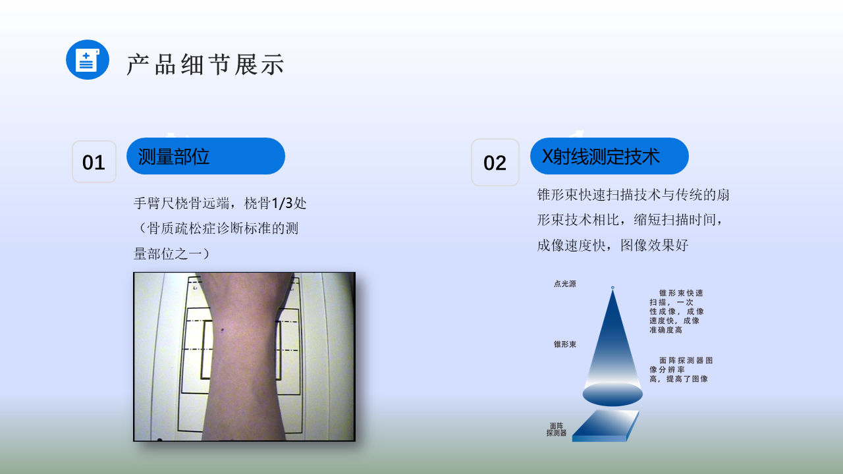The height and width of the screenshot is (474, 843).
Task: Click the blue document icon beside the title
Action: [88, 59]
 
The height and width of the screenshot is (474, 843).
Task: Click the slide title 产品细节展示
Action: [205, 65]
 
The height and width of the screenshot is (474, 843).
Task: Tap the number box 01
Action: [94, 162]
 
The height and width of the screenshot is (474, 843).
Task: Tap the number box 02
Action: [495, 162]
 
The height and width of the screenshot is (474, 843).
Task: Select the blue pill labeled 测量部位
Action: [205, 156]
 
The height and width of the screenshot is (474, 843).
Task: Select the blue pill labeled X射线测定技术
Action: [609, 156]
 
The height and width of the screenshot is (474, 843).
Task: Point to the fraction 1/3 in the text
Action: [282, 203]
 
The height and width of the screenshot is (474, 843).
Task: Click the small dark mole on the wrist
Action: [223, 330]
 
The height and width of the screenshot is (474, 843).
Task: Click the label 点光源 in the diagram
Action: [565, 284]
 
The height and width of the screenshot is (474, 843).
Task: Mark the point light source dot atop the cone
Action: [612, 288]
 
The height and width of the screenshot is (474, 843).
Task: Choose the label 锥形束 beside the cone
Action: [565, 344]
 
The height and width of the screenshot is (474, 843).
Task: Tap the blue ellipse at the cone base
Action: [612, 394]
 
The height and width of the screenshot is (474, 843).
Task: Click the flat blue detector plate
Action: [605, 426]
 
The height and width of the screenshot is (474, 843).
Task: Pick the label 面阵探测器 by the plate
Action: [557, 429]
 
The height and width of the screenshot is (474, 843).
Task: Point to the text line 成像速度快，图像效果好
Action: [612, 246]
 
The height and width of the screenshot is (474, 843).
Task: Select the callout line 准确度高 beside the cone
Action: [666, 330]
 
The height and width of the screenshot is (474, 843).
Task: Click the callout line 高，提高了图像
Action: [678, 379]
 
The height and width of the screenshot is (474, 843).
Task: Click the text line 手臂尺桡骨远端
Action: [181, 203]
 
